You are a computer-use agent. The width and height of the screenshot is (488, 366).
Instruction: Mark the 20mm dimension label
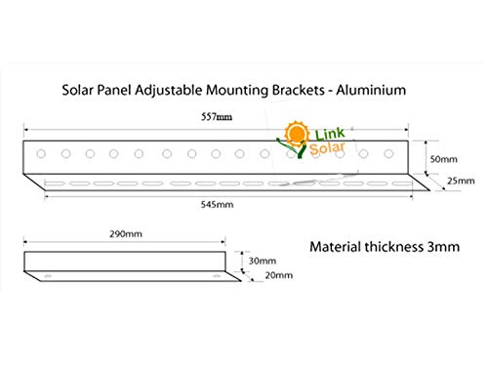(x=278, y=276)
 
